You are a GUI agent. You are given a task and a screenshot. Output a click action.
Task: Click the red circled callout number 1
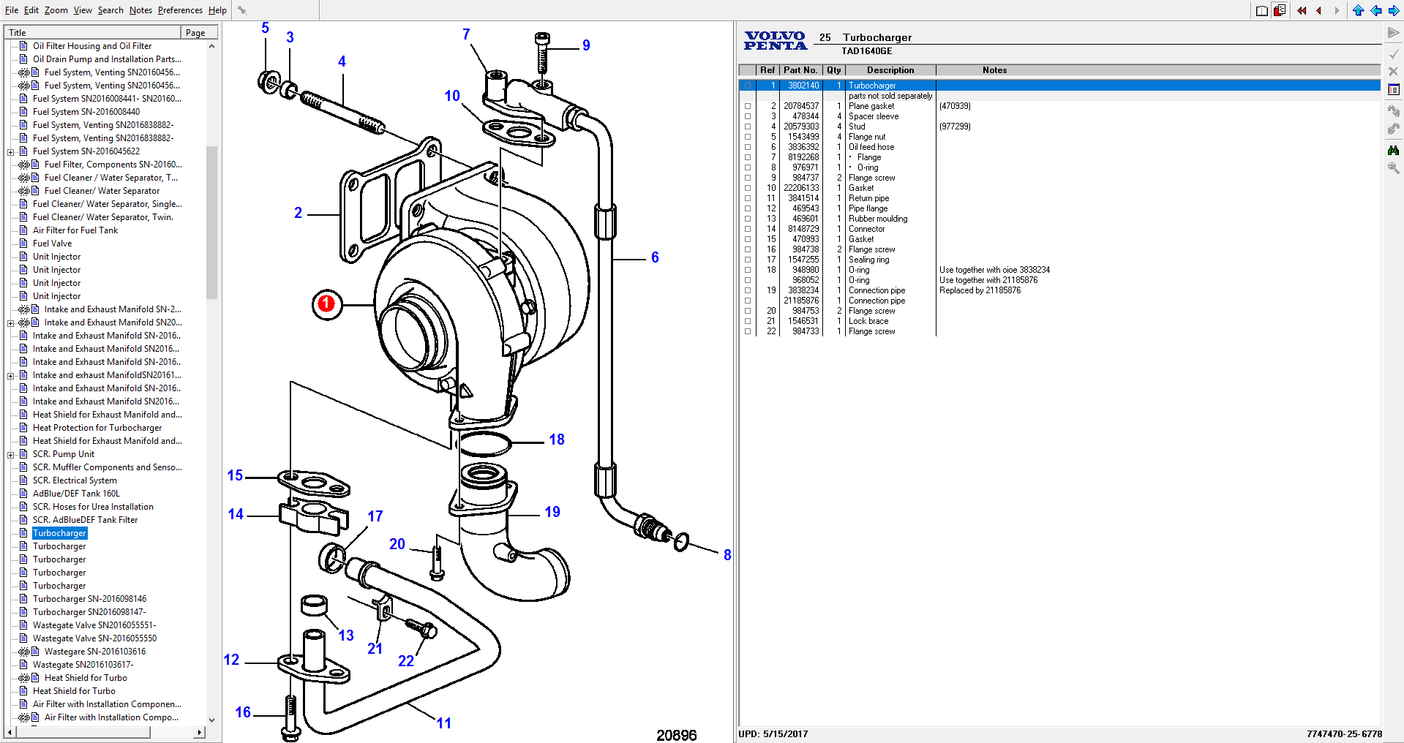(x=326, y=303)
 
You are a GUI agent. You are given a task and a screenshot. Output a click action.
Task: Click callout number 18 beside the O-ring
(x=556, y=440)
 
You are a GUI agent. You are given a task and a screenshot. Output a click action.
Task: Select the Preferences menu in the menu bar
(x=180, y=10)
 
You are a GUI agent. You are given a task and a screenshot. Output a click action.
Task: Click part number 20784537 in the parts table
(x=801, y=106)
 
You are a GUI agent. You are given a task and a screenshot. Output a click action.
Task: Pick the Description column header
(x=890, y=70)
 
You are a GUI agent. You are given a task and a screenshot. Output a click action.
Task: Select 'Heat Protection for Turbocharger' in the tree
(x=97, y=428)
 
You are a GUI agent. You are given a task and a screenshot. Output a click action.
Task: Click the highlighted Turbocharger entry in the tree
(x=59, y=533)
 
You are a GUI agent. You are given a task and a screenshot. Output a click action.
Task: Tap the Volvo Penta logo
(x=775, y=41)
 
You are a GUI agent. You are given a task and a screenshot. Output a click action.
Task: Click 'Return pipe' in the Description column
(x=868, y=198)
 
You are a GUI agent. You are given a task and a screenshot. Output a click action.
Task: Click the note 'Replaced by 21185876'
(x=980, y=290)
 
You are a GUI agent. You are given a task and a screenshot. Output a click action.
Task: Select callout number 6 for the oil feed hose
(x=655, y=257)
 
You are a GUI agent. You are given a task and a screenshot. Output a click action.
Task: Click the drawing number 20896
(x=676, y=735)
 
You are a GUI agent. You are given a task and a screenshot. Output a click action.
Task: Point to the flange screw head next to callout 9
(x=542, y=38)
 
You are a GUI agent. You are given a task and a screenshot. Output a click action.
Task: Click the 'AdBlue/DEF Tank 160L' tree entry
(x=76, y=494)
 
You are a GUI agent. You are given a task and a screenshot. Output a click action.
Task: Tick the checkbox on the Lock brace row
(x=748, y=321)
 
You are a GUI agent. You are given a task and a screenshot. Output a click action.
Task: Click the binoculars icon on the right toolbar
(x=1393, y=150)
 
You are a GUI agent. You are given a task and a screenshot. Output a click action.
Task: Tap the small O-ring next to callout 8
(x=681, y=542)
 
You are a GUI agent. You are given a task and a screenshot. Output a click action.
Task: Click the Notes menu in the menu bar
(x=140, y=10)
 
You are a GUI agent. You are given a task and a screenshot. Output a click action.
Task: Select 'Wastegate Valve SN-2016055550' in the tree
(x=94, y=638)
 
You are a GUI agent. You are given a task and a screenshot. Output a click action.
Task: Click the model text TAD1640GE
(x=866, y=51)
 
